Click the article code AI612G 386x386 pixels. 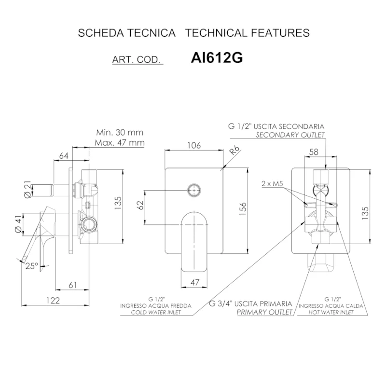coord(217,58)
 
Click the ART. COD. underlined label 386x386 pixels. coord(138,60)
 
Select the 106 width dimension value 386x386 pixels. coord(194,145)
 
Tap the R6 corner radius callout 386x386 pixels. coord(234,151)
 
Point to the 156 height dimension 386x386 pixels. coord(243,208)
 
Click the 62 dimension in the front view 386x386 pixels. coord(140,206)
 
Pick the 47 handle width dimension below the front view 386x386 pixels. coord(195,282)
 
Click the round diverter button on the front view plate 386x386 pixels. coord(194,190)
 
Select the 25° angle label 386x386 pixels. coord(32,266)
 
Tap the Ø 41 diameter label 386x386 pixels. coord(18,223)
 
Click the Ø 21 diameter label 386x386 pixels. coord(28,189)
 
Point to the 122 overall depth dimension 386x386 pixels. coord(53,300)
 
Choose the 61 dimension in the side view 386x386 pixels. coord(73,285)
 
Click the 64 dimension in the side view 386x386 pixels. coord(64,155)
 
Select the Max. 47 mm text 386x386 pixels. coord(120,142)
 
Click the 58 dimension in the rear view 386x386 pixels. coord(314,152)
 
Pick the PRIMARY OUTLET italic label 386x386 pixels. coord(264,312)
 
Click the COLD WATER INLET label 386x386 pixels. coord(156,312)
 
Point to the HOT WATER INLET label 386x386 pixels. coord(331,312)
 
